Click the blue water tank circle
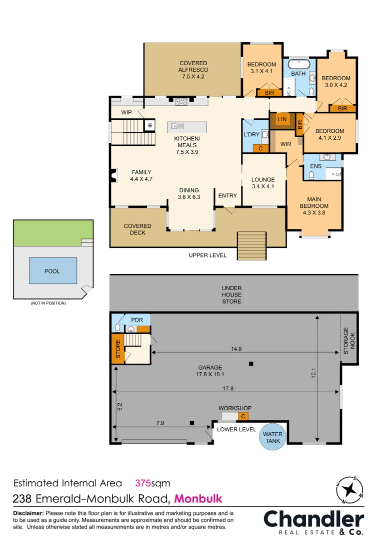pos(273,437)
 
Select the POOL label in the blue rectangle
pos(52,271)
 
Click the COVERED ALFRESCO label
pos(193,70)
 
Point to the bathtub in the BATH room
pos(298,64)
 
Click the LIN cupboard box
pos(282,120)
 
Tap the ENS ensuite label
pos(315,166)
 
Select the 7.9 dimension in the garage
pos(160,423)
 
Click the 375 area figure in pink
pos(144,483)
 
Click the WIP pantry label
pos(126,112)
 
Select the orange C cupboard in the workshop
pos(243,416)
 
